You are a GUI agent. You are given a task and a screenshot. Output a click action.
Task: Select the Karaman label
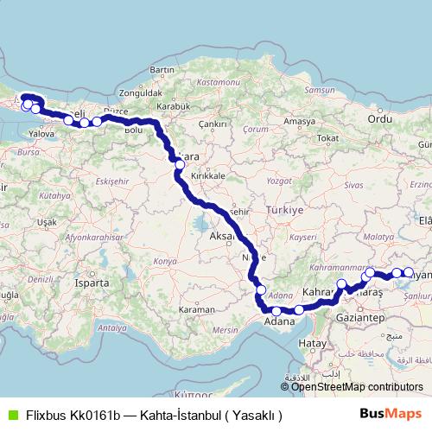point(196,308)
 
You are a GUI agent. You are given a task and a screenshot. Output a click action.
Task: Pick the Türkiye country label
point(287,210)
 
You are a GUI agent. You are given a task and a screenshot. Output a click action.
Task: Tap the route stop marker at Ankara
point(180,163)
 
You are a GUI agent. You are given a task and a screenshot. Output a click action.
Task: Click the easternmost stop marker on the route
point(408,273)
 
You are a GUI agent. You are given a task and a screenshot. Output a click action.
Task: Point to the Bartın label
point(162,69)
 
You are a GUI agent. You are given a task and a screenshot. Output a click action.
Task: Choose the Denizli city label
point(16,280)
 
